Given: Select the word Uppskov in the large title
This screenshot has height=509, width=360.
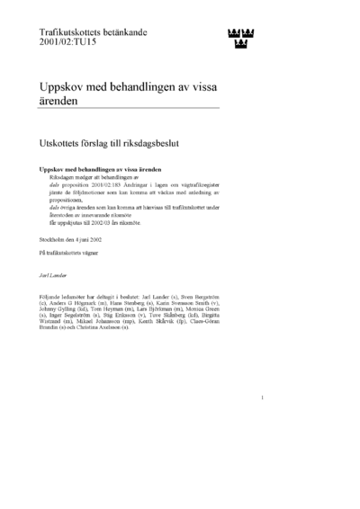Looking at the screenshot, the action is [x=61, y=85].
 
